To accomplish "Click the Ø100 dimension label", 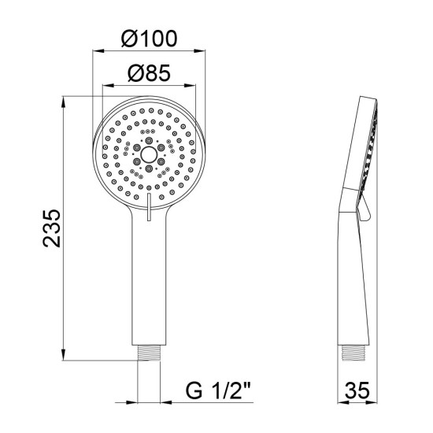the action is [x=149, y=39].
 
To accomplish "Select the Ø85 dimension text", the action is [x=149, y=73].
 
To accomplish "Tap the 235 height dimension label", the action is [x=52, y=228].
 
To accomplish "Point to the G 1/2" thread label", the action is [x=218, y=390].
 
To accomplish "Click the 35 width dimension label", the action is [x=357, y=390].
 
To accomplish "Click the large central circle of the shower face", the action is [x=149, y=154].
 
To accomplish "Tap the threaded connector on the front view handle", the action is [x=149, y=353].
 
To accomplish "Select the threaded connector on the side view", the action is [x=353, y=353].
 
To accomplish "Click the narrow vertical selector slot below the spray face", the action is [x=149, y=207].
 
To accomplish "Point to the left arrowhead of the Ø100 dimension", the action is [x=98, y=51].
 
